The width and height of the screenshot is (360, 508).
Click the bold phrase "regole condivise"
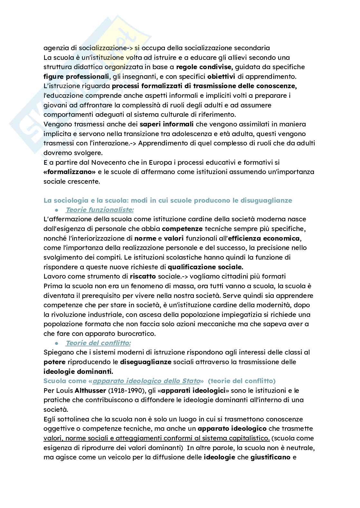pos(204,67)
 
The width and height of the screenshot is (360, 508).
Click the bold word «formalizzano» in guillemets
pos(70,172)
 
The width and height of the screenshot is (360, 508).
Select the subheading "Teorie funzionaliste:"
pos(99,210)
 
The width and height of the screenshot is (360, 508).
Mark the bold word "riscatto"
pos(143,276)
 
